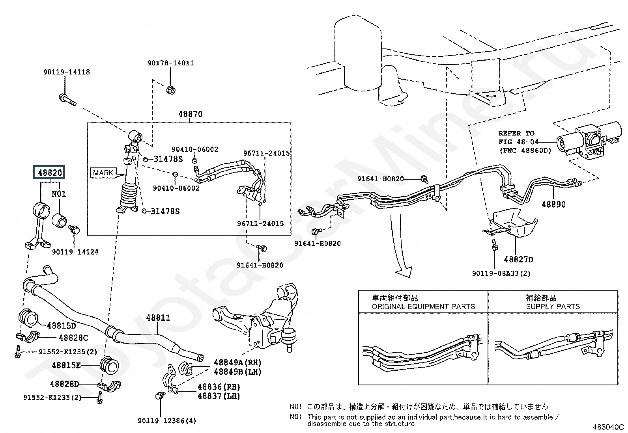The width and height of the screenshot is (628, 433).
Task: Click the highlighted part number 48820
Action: tap(50, 173)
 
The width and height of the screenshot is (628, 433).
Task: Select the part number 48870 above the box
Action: tap(190, 114)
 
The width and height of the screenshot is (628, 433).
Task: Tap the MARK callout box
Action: tap(103, 173)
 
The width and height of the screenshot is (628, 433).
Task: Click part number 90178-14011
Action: tap(171, 63)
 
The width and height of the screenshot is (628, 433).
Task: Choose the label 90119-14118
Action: tap(66, 72)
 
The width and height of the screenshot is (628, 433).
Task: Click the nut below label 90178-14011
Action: tap(171, 90)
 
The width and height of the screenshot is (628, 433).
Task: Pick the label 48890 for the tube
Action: tap(553, 204)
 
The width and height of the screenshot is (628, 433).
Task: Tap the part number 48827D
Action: tap(518, 259)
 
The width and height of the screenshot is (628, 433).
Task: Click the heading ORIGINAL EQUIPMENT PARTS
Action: tap(423, 306)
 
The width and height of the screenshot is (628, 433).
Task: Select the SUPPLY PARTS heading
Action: tap(553, 306)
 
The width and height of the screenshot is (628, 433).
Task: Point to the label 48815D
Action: tap(61, 326)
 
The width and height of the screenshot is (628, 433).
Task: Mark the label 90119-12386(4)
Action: tap(167, 421)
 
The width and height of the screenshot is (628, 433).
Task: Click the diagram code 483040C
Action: tap(607, 427)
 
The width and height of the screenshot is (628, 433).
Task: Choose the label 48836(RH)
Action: tap(219, 387)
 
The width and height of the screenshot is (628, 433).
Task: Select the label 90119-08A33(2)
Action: tap(501, 273)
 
